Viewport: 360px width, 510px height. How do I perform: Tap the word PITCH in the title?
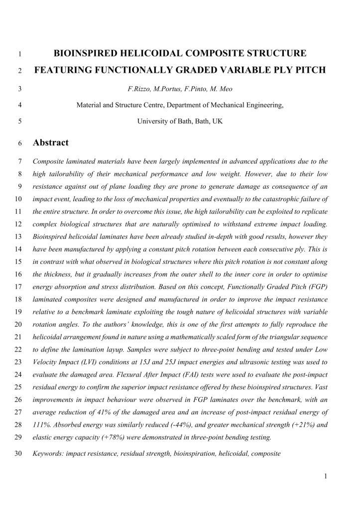click(x=307, y=70)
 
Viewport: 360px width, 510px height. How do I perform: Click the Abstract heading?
click(x=50, y=143)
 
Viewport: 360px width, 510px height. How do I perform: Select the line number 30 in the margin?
click(x=20, y=454)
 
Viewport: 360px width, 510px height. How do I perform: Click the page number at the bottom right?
click(x=325, y=476)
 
